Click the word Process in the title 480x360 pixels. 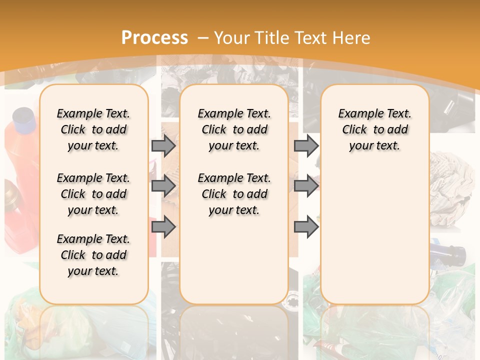(x=154, y=37)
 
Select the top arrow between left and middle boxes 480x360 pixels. (x=163, y=145)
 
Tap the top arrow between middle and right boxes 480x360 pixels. (x=306, y=145)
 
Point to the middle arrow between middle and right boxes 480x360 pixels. (x=306, y=186)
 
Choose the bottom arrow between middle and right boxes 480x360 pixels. (x=306, y=227)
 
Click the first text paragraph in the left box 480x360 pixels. (x=93, y=129)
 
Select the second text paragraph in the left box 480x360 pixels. (x=93, y=194)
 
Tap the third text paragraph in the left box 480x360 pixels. (x=93, y=255)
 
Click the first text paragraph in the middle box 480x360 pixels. (x=234, y=129)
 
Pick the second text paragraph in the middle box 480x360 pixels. (x=234, y=194)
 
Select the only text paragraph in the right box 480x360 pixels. (x=374, y=129)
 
